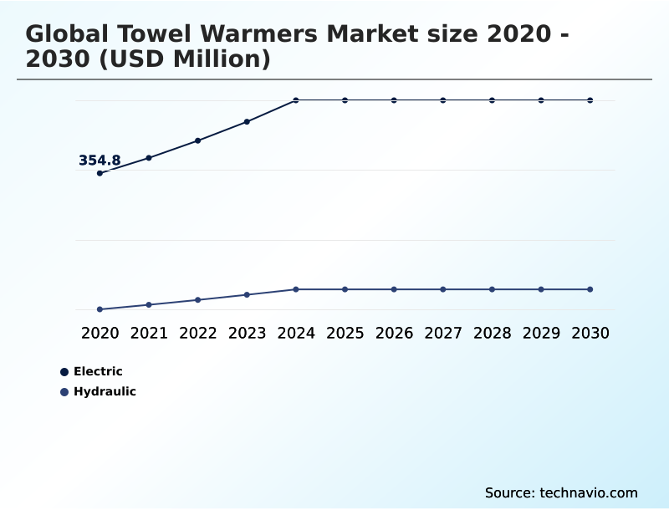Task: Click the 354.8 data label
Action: point(100,161)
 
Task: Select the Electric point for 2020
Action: point(100,173)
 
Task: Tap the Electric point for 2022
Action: point(197,140)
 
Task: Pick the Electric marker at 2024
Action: point(296,100)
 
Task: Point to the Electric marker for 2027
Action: point(443,100)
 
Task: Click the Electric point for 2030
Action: point(590,100)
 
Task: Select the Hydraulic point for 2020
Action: point(100,309)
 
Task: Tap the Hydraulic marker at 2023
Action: point(247,294)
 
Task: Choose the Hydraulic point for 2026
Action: point(394,289)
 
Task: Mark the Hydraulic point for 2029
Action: point(541,289)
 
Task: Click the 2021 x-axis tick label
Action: point(149,333)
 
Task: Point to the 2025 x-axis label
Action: point(345,333)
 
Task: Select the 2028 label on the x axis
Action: point(492,333)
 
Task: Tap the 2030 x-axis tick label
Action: point(590,333)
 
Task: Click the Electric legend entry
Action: point(97,371)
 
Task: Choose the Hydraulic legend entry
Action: point(104,391)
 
